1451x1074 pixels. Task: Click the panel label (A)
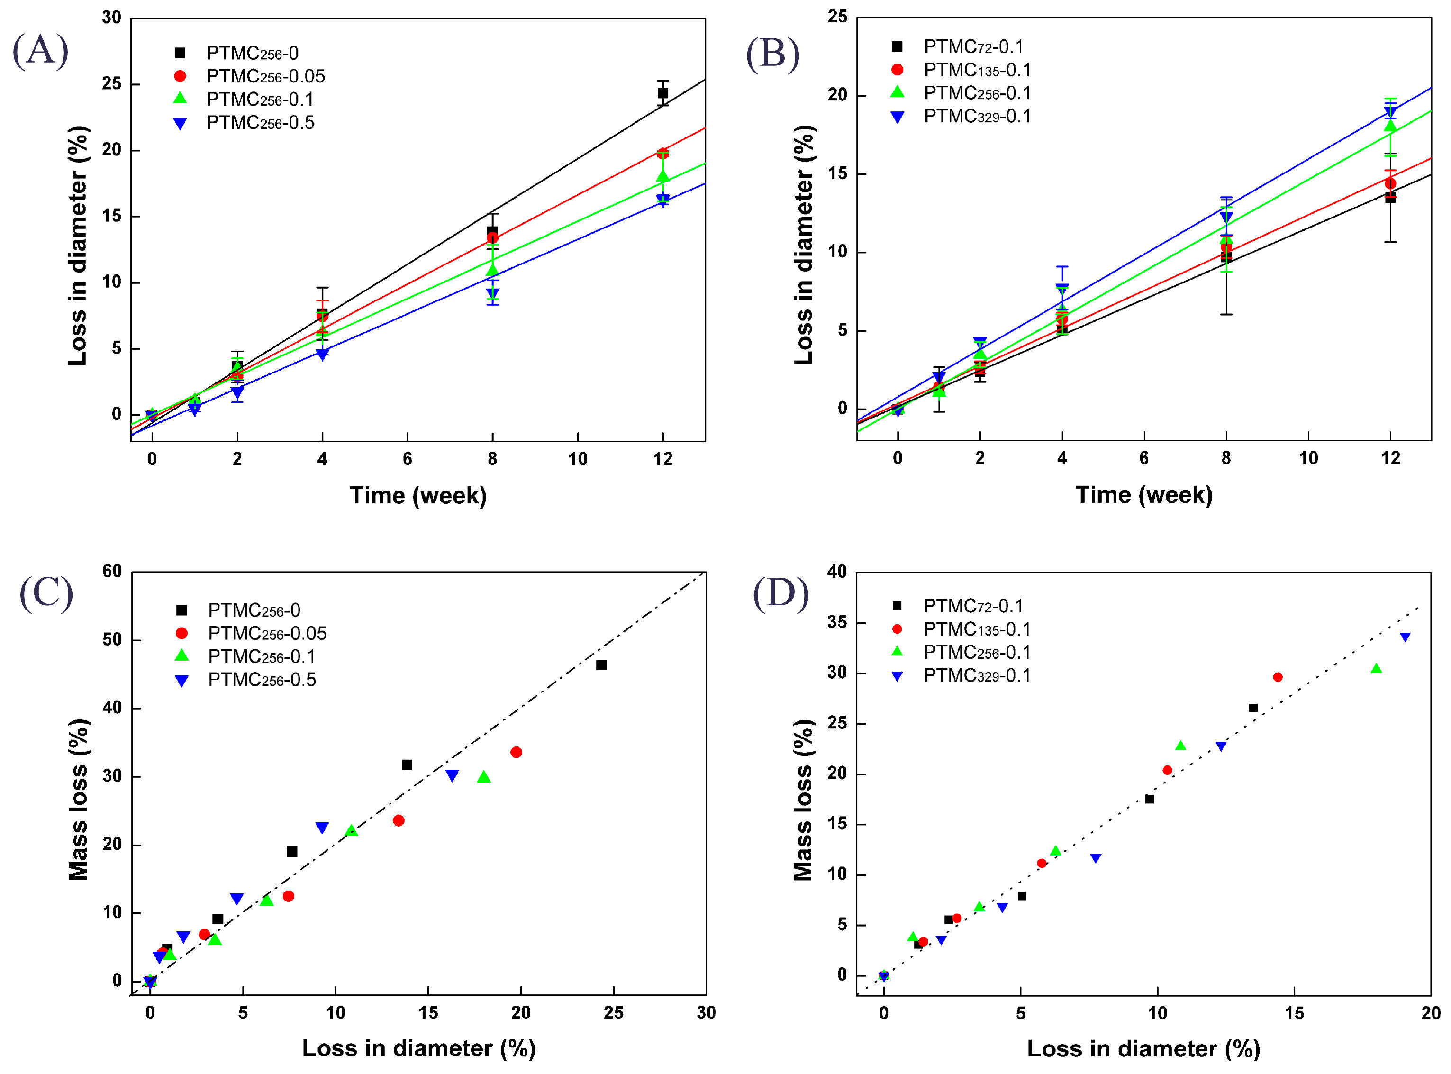(x=40, y=50)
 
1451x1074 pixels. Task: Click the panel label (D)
(x=780, y=593)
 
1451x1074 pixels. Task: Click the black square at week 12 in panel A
(x=662, y=93)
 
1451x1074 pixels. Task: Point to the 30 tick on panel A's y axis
(x=112, y=18)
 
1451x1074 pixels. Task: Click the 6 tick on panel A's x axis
(x=408, y=459)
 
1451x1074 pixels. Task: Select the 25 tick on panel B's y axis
(x=837, y=17)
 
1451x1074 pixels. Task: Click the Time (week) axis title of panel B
(x=1143, y=495)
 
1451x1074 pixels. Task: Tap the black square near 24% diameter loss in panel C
(x=601, y=665)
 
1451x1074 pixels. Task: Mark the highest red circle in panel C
(x=516, y=752)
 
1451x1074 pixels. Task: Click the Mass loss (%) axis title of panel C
(x=79, y=800)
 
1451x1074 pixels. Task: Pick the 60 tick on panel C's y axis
(x=112, y=572)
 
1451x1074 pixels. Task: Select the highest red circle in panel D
(x=1278, y=677)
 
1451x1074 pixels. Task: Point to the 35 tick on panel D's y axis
(x=837, y=623)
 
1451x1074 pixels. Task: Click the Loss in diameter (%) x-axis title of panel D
(x=1143, y=1049)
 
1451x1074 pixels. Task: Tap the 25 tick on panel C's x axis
(x=613, y=1013)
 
